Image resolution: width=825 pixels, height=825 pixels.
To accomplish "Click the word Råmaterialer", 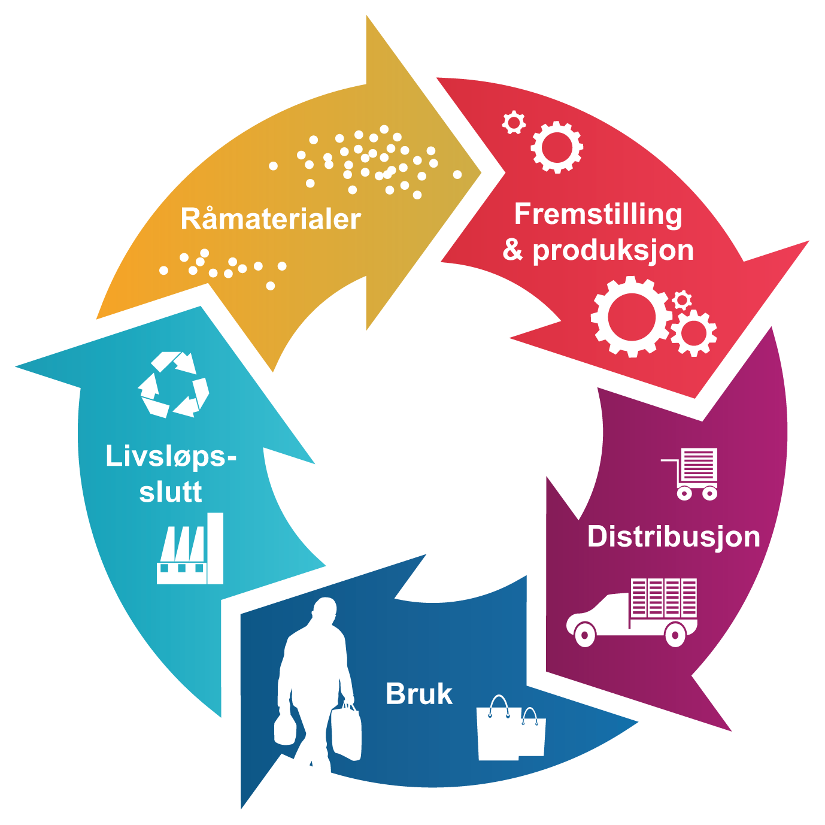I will [x=271, y=219].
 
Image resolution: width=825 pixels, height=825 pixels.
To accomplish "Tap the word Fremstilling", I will [x=597, y=214].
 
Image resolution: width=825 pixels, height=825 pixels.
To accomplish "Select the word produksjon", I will [x=613, y=250].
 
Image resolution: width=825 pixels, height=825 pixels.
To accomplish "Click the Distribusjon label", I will [x=674, y=536].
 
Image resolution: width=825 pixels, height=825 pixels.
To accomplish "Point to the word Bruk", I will [x=418, y=694].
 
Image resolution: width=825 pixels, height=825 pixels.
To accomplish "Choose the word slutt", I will [x=171, y=492].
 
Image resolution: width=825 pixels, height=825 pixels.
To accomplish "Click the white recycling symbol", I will [x=174, y=384].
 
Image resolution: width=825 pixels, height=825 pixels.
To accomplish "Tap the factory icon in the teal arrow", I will [x=190, y=550].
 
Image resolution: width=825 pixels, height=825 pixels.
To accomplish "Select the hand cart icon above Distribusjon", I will [x=691, y=474].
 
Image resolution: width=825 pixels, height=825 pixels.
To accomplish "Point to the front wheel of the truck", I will [x=584, y=633].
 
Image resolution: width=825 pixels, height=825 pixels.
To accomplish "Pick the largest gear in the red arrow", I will [x=630, y=316].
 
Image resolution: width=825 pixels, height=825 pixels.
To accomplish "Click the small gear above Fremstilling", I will [x=514, y=123].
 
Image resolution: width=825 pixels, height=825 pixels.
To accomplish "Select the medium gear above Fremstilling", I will [x=557, y=147].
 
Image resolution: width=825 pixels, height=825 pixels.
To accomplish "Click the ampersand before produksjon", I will [x=512, y=250].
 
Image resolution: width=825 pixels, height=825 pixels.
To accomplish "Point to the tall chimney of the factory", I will [x=215, y=547].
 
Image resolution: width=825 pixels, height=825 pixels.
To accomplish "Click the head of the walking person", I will [x=325, y=612].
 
